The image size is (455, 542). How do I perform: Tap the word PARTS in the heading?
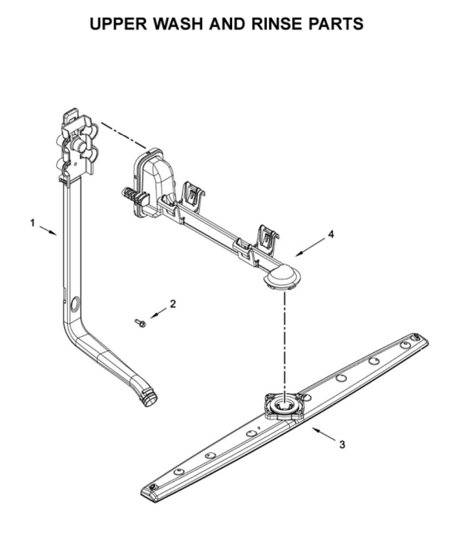tap(335, 23)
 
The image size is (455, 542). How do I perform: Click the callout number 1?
tap(32, 223)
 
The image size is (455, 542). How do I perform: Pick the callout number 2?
tap(173, 304)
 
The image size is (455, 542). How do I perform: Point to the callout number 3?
tap(342, 445)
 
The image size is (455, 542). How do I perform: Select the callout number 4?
tap(331, 234)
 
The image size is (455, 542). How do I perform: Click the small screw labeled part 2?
tap(140, 323)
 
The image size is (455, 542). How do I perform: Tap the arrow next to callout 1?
tap(48, 231)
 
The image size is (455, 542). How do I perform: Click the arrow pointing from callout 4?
tap(310, 247)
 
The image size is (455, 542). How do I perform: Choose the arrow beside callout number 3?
tap(324, 434)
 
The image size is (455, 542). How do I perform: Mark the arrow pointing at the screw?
tap(158, 313)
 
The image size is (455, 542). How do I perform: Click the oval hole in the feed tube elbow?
tap(73, 305)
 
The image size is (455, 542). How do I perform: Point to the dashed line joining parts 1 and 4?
tap(124, 135)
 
